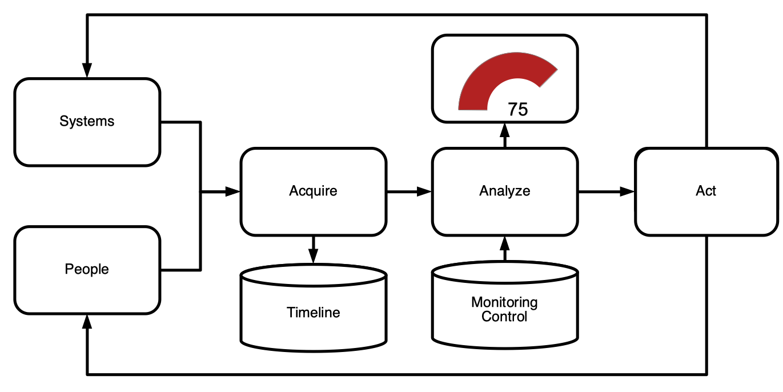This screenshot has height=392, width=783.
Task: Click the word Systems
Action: click(87, 121)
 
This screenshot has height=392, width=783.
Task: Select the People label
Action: click(87, 269)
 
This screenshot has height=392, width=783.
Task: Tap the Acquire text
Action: click(313, 191)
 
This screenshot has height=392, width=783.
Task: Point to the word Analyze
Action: click(504, 191)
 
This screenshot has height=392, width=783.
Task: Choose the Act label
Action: click(706, 191)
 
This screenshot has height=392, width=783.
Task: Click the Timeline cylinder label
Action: click(313, 312)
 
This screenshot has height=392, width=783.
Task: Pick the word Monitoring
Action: click(504, 302)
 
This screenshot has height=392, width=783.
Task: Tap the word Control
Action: click(504, 317)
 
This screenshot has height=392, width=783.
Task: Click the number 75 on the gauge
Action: click(517, 110)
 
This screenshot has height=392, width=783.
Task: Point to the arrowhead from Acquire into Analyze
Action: click(424, 191)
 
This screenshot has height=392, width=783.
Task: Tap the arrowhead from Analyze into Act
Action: click(627, 191)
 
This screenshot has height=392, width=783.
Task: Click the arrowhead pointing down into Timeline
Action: click(313, 256)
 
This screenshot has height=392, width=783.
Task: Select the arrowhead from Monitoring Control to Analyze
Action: click(504, 244)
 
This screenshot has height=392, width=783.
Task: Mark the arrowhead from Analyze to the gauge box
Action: click(504, 130)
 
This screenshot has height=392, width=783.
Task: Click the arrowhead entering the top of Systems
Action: click(87, 70)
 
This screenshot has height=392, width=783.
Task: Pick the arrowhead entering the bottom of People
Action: click(87, 322)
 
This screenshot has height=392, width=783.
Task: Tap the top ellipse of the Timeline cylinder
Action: click(313, 275)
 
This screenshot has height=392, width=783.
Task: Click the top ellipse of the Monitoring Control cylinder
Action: click(505, 272)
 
